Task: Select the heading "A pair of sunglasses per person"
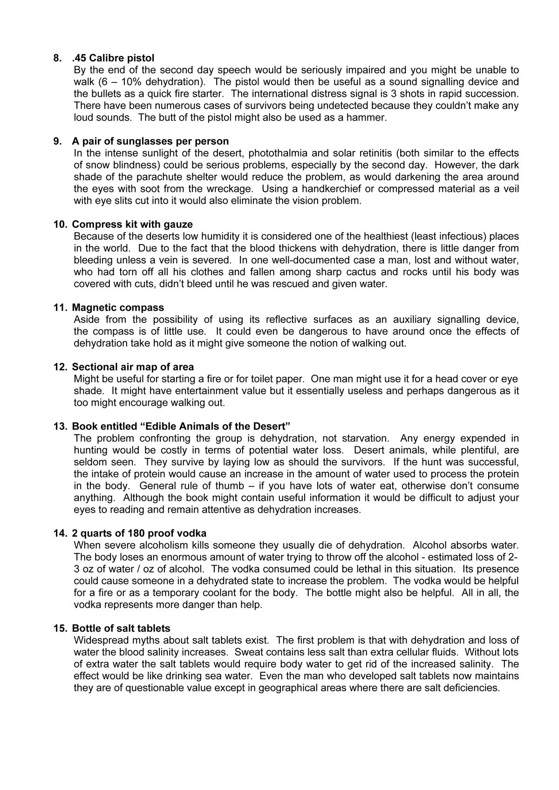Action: click(150, 141)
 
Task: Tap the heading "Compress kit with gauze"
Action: click(132, 225)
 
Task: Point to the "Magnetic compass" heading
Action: click(118, 307)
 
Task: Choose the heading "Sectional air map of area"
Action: click(133, 367)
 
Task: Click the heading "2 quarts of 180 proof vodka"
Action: click(139, 533)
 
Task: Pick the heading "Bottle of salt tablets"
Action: click(121, 628)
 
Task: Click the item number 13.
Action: click(60, 426)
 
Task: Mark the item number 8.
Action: click(57, 58)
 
